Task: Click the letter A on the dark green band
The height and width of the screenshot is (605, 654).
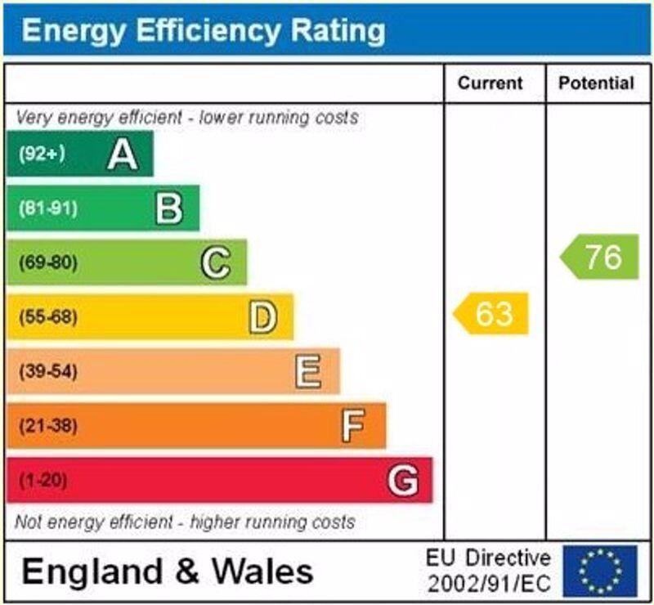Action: pos(123,154)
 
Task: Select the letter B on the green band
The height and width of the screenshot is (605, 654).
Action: pos(169,208)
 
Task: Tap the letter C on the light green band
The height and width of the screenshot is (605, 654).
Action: pos(216,263)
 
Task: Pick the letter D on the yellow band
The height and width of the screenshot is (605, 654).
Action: pos(262,317)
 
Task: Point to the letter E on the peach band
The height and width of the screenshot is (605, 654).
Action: pos(308,372)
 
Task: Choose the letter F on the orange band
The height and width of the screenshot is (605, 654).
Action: pos(353,426)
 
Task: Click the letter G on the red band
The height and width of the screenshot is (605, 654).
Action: pos(402,480)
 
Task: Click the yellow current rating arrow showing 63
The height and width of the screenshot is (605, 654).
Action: pos(492,314)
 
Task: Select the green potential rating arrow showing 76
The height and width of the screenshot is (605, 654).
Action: pos(601,257)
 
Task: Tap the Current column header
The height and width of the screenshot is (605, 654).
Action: pos(490,83)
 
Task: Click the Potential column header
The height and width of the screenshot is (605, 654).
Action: pos(596,83)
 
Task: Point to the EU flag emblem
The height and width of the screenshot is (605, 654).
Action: pos(600,571)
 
